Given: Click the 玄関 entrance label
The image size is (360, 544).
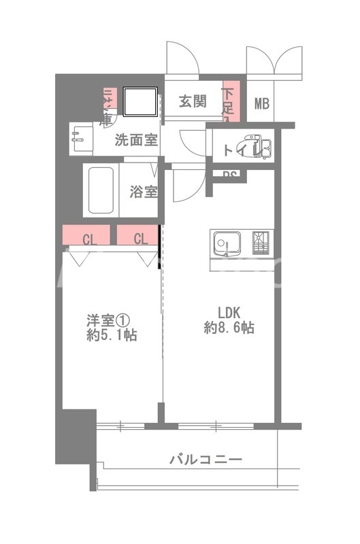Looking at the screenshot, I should pos(193,102).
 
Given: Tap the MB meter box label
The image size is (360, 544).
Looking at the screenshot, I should pos(262,103).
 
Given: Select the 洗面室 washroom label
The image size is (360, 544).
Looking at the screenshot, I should pos(136,141).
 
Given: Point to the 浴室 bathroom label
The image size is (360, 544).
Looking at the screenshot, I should pos(144,191).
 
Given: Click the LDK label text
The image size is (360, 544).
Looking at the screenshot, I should pos(229,313).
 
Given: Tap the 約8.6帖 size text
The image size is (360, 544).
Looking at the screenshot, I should pos(229,328).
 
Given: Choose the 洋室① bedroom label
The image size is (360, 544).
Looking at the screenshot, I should pos(107,320).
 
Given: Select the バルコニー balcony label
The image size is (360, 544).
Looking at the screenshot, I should pos(206,460).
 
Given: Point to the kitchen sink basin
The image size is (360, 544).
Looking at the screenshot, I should pos(225,243).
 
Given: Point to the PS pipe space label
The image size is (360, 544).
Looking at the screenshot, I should pos(230,174).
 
